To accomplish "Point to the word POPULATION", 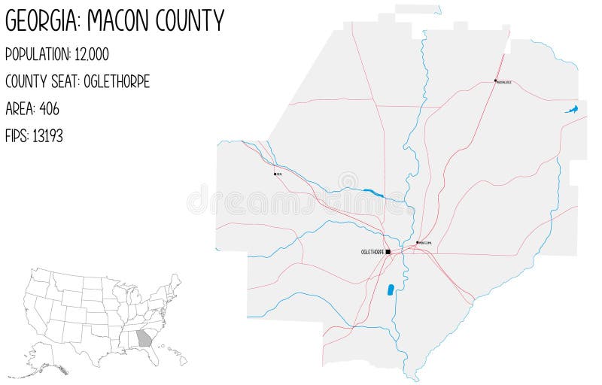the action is (x=42, y=55).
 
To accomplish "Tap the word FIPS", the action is (x=16, y=136).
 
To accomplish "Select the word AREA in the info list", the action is (x=18, y=109).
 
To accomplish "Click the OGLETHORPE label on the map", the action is (x=372, y=252).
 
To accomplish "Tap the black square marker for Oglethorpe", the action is (x=388, y=252).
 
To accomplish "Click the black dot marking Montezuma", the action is (x=417, y=242).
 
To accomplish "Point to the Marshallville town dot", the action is (x=494, y=80).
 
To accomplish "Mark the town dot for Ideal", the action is (x=275, y=173).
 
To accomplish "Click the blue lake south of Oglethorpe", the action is (x=391, y=290).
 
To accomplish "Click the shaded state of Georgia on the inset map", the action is (x=144, y=338).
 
